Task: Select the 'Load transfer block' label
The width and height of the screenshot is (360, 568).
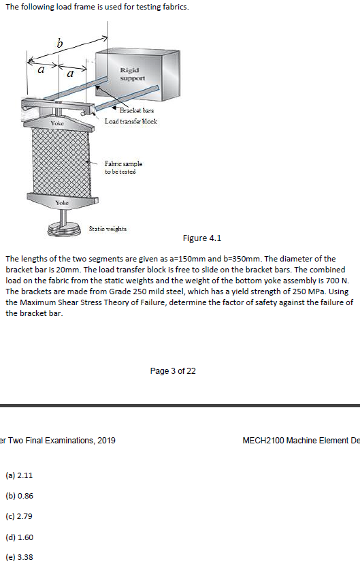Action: [131, 121]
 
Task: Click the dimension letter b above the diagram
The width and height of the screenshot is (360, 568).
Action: [59, 44]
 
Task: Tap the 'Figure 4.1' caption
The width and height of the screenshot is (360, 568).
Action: [202, 238]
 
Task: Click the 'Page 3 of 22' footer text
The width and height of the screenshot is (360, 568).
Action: [173, 371]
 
